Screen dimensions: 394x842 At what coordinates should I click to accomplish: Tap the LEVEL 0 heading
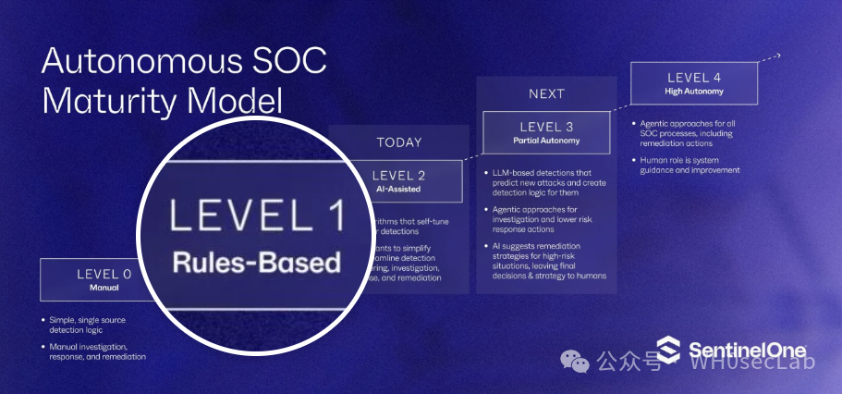[x=103, y=274]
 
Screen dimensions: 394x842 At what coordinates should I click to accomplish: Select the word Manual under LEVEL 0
[x=103, y=288]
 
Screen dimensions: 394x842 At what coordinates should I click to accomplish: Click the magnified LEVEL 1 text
[x=256, y=217]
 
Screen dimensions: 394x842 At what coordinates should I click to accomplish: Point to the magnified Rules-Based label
[x=256, y=262]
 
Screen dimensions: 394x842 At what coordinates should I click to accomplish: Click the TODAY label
[x=398, y=142]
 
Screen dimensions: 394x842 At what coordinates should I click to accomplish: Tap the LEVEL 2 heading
[x=398, y=176]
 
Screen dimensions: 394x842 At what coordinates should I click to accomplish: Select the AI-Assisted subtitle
[x=398, y=190]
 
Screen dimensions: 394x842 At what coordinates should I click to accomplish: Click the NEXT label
[x=546, y=93]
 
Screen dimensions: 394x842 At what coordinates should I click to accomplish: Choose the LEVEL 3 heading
[x=546, y=127]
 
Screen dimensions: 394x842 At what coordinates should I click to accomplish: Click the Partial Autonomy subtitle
[x=546, y=141]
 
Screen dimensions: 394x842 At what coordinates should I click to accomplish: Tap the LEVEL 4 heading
[x=694, y=78]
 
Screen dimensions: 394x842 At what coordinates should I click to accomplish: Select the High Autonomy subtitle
[x=694, y=92]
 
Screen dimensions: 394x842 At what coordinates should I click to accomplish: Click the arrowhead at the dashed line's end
[x=778, y=55]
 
